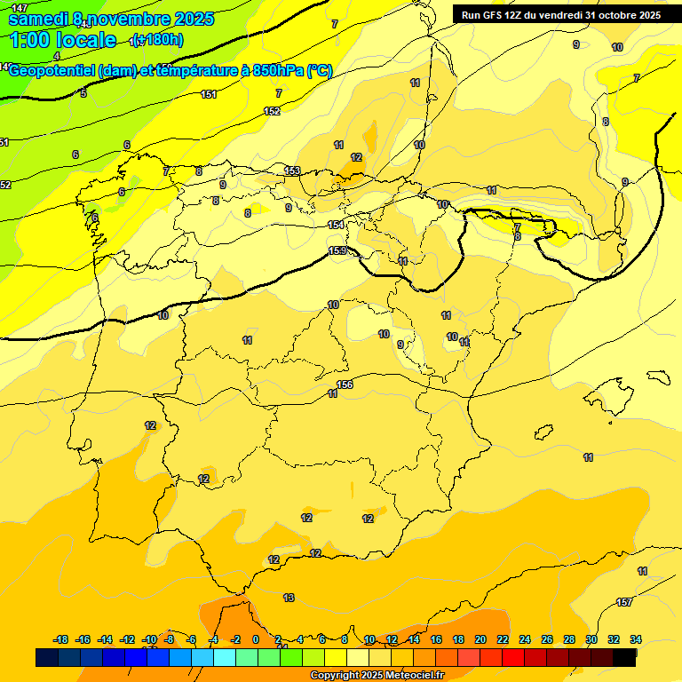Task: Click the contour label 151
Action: tap(209, 94)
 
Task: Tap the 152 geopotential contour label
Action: tap(273, 111)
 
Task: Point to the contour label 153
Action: tap(292, 170)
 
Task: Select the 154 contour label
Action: tap(336, 225)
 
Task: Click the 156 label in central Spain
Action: tap(345, 385)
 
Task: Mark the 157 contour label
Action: tap(624, 603)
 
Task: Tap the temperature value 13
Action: tap(289, 598)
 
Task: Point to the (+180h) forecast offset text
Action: tap(156, 39)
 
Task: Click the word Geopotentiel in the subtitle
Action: tap(53, 71)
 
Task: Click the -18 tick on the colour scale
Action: tap(61, 639)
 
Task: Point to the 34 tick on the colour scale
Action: tap(635, 639)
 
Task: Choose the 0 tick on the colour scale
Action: tap(256, 639)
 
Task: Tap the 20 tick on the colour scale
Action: tap(480, 639)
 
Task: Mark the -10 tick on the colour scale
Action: tap(149, 639)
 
